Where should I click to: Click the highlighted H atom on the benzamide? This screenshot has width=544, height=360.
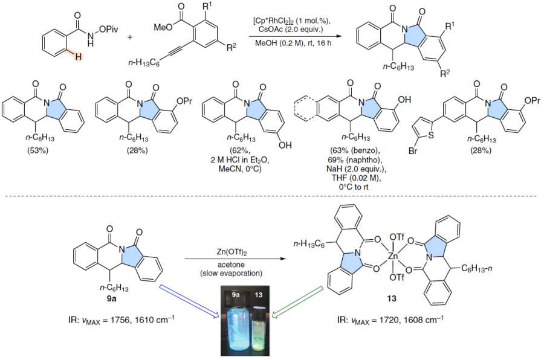pos(79,56)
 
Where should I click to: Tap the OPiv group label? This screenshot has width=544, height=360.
pos(108,30)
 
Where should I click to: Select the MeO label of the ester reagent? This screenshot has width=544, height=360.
pos(163,27)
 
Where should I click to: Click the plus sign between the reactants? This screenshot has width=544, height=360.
pos(130,37)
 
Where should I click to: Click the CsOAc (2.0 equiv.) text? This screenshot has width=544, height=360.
pos(291,29)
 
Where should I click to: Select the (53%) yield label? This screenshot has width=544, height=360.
pos(38,150)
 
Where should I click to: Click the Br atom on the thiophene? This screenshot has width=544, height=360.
pos(413,151)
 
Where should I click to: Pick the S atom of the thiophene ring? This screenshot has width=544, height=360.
pos(431,135)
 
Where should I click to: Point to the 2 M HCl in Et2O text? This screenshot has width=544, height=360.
pos(240,160)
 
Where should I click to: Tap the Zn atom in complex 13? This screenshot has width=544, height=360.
pos(392,256)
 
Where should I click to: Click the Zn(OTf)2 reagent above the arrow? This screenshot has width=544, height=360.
pos(232,252)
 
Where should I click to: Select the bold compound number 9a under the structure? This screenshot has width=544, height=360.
pos(111,298)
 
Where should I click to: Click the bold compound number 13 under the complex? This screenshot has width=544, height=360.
pos(392,298)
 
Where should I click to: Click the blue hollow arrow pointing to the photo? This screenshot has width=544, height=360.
pos(189,301)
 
